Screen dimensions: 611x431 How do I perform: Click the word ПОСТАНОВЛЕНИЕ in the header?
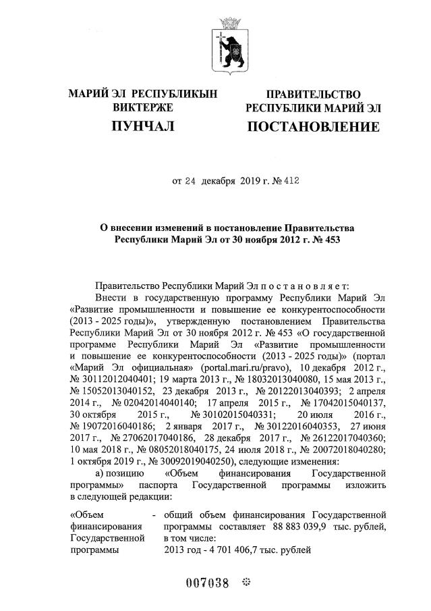312,127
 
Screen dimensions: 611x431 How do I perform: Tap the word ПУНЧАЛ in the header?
142,126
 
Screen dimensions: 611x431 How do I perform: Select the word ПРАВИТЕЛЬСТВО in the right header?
313,95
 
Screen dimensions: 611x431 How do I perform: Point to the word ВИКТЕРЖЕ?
142,107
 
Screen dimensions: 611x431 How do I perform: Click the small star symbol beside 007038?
246,581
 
